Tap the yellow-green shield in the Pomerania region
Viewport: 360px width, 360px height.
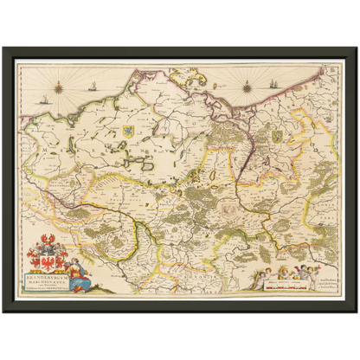277,136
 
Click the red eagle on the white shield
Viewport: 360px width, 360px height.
42,260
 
